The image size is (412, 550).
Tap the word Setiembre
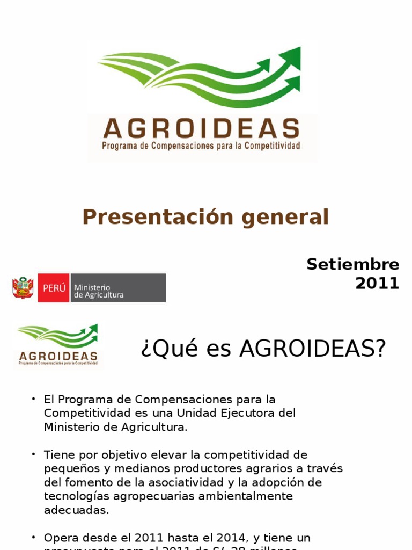pos(353,264)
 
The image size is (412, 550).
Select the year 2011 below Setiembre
pos(377,283)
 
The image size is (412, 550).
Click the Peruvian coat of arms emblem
pos(23,288)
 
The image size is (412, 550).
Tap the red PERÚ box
pos(54,288)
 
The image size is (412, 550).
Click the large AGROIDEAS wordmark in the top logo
pos(201,129)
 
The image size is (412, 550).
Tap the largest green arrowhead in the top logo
pos(290,56)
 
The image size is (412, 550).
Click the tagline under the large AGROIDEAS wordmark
pos(201,146)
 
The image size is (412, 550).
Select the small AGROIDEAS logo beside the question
pos(58,345)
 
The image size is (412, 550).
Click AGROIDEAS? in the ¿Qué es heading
pos(313,349)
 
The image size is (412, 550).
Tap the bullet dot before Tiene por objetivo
pos(33,454)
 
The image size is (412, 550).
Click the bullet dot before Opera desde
pos(33,537)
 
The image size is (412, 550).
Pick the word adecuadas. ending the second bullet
pos(76,510)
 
